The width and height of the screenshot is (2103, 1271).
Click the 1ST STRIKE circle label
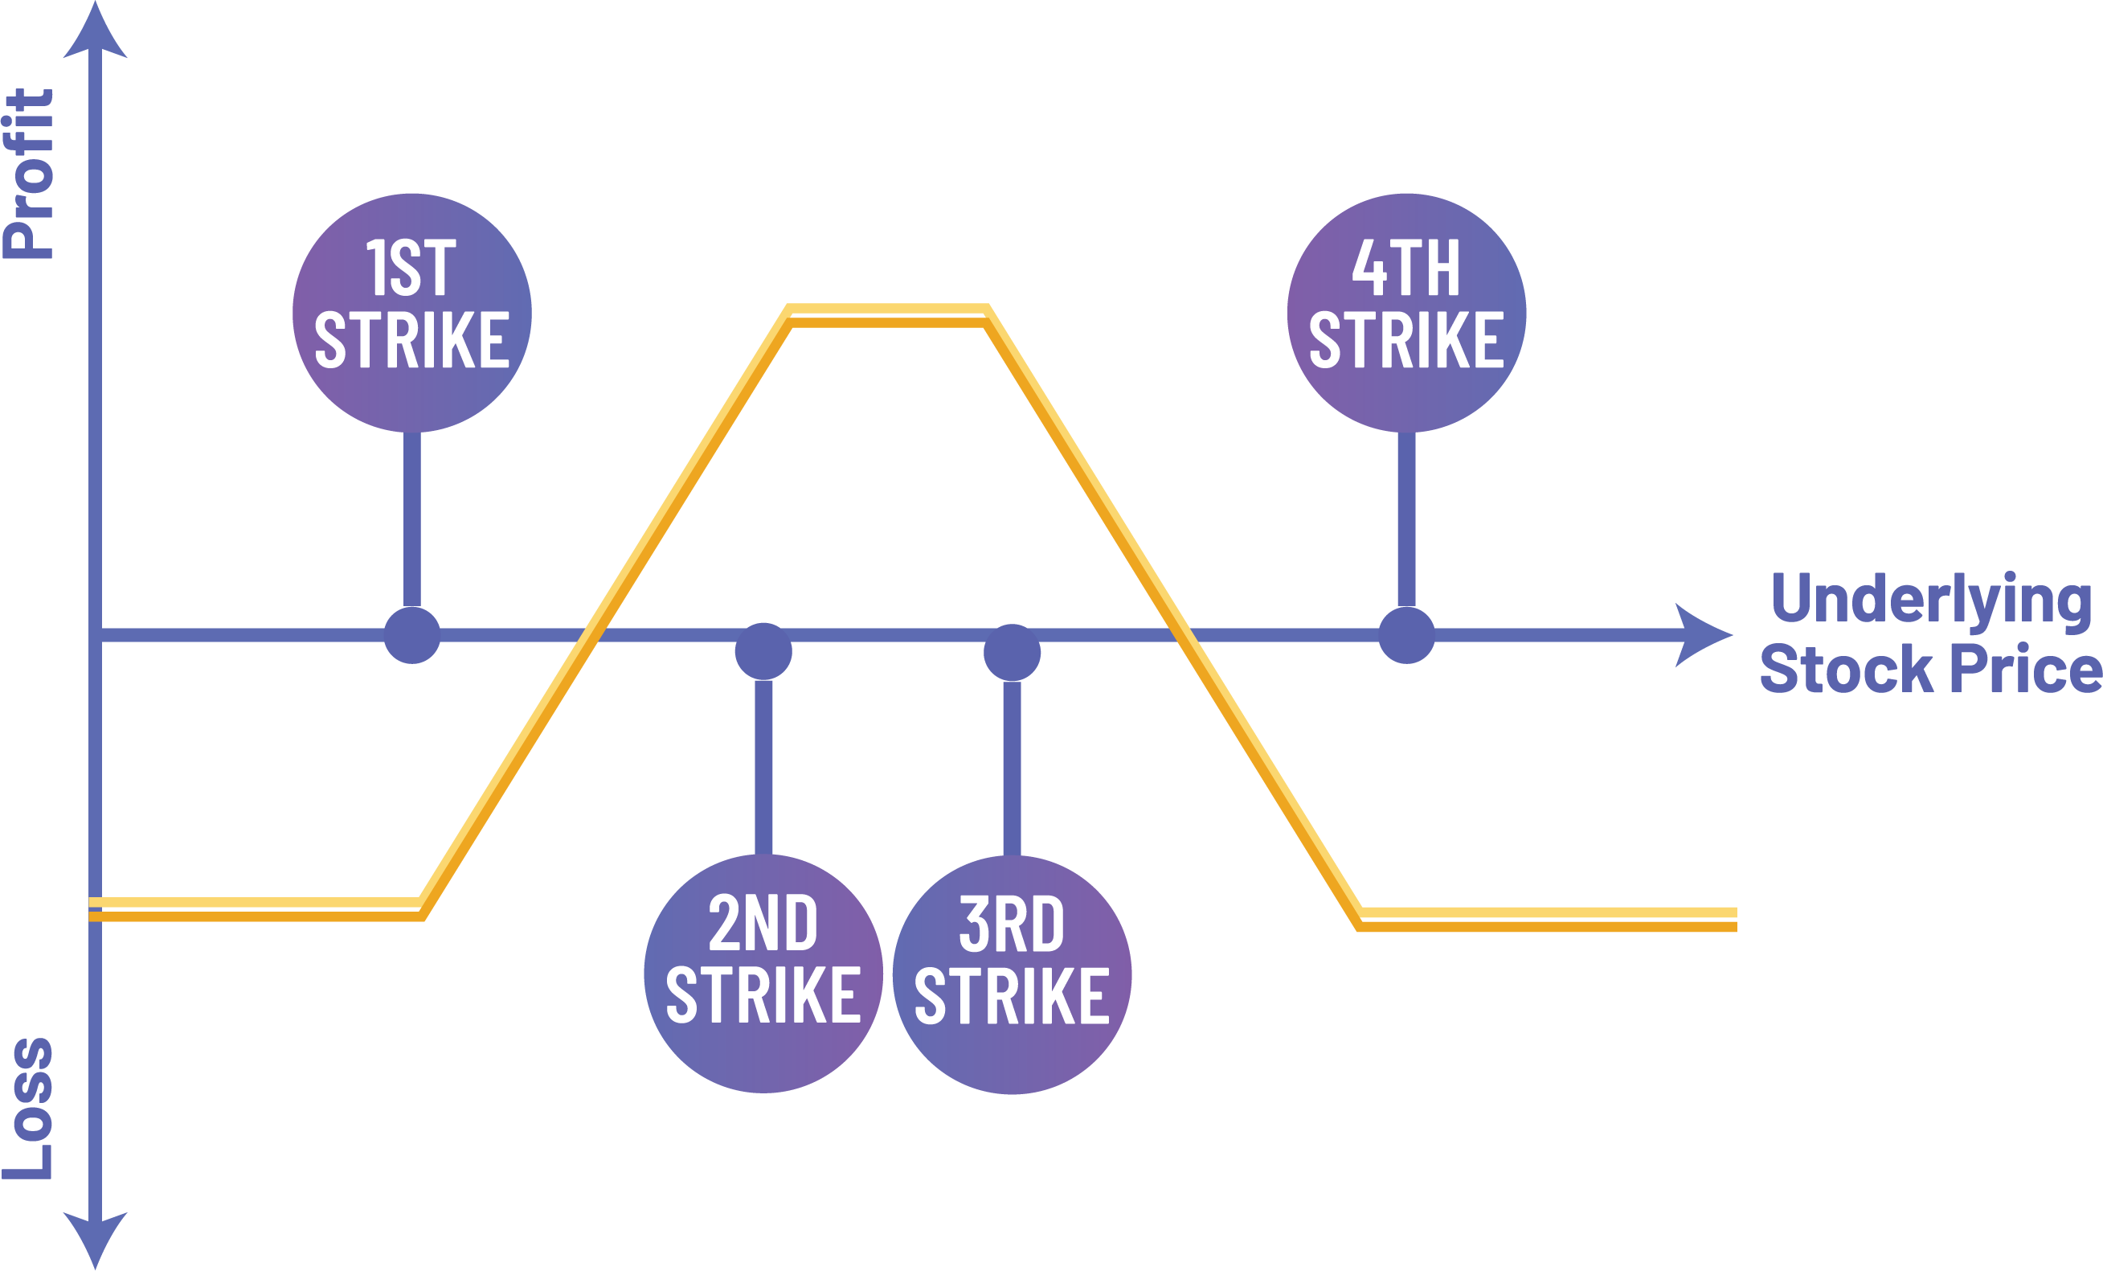pos(412,313)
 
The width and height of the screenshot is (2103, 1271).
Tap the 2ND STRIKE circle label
pos(763,973)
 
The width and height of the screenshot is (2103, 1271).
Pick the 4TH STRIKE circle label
pos(1406,313)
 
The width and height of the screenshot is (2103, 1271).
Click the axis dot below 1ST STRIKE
pos(412,635)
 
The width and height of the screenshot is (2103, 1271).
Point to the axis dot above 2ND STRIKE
pos(763,651)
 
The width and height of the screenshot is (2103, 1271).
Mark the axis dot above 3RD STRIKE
pos(1013,652)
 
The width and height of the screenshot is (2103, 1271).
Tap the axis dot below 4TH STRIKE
pos(1406,635)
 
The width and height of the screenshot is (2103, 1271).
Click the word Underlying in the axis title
pos(1930,599)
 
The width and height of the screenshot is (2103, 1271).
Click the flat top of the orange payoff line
pos(888,315)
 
